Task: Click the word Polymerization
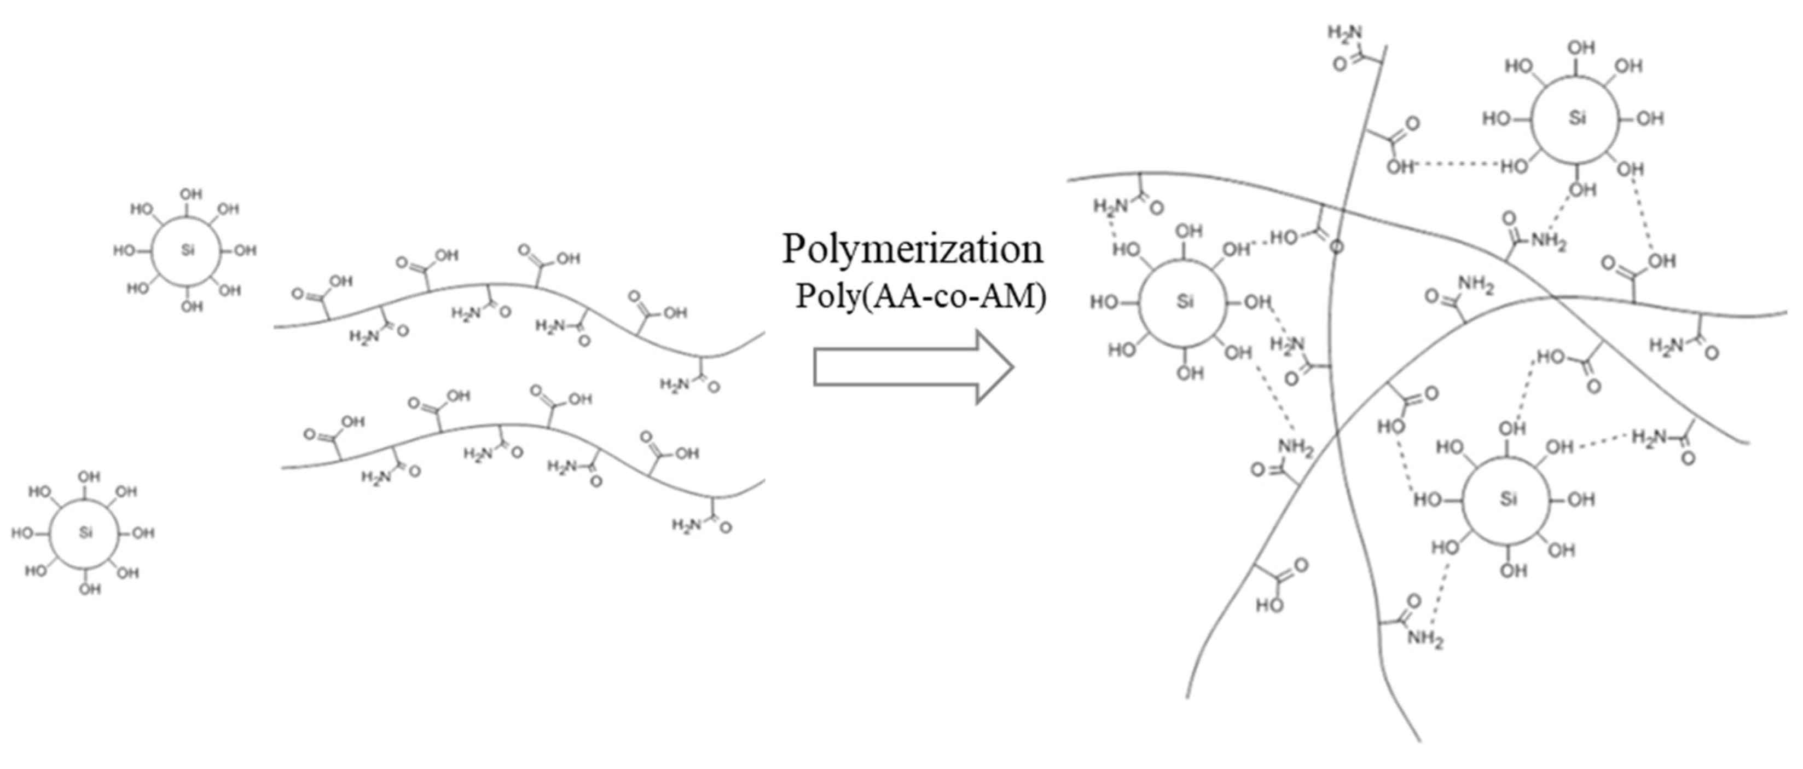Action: pos(913,249)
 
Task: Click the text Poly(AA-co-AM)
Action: pos(921,297)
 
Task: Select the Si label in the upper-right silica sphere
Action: pos(1577,118)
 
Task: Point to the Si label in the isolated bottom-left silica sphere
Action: pos(85,533)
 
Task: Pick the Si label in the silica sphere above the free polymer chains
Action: pos(187,250)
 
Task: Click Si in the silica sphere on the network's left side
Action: pos(1184,302)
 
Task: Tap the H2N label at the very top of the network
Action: pos(1345,33)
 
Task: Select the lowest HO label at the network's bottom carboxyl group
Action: pos(1269,605)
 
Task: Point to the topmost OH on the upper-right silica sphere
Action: pos(1581,48)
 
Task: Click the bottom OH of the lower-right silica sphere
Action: pos(1513,571)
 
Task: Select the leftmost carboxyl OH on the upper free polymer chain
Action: pos(341,282)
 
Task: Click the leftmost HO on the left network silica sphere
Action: pos(1104,302)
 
